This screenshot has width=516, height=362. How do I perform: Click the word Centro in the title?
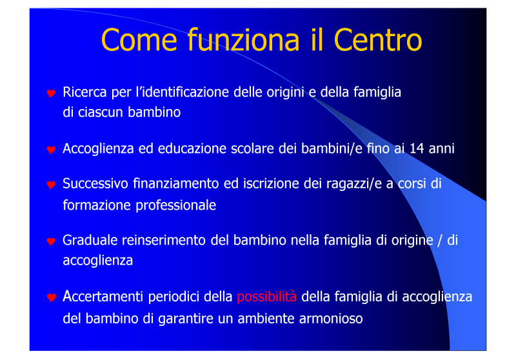click(378, 40)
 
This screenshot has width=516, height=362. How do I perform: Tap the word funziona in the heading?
click(244, 39)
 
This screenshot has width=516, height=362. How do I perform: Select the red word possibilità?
click(266, 297)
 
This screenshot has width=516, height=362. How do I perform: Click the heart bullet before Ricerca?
click(51, 94)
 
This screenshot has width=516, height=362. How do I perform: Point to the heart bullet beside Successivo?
click(51, 185)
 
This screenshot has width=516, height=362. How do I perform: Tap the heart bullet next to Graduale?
click(51, 241)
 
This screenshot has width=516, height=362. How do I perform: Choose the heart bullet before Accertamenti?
click(51, 297)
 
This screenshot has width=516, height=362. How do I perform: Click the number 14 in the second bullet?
click(417, 149)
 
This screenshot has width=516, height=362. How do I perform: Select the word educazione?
click(192, 149)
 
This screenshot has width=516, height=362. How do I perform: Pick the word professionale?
click(175, 206)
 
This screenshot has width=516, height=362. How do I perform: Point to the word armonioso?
click(331, 319)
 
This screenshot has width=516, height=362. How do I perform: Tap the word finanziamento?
click(176, 184)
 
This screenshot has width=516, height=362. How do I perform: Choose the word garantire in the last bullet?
click(186, 319)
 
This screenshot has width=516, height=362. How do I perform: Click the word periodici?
click(174, 297)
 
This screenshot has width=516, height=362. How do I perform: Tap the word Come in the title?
click(139, 40)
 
